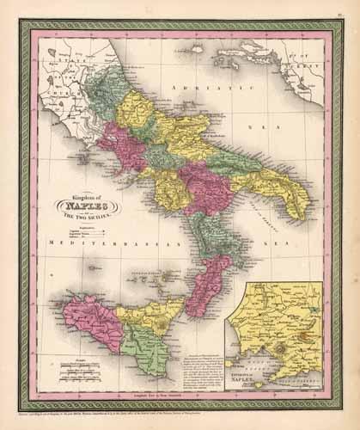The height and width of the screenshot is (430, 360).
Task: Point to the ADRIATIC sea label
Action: point(193,89)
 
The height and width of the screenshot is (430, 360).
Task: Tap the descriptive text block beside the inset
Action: point(208,353)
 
